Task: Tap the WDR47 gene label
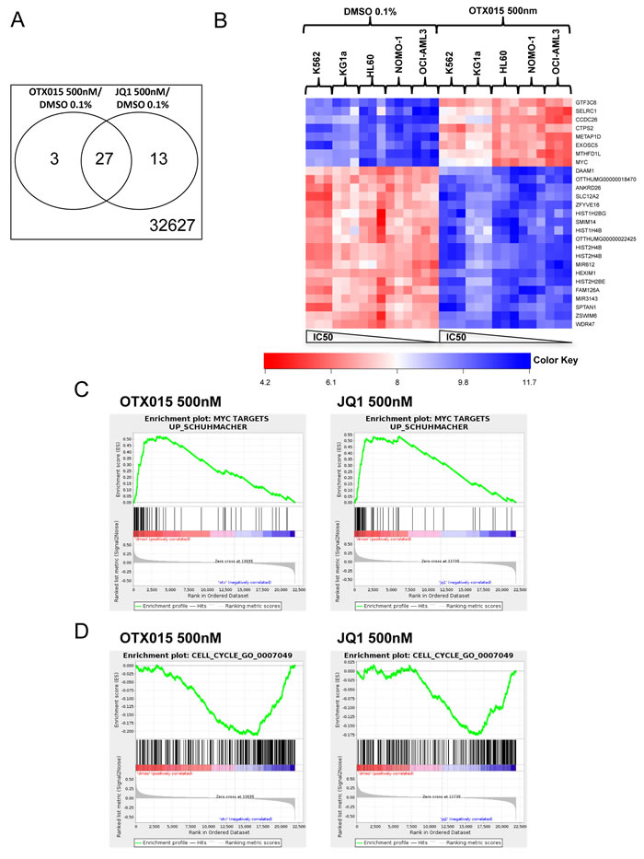coord(581,323)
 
